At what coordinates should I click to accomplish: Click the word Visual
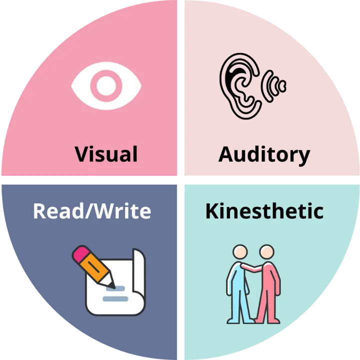106,153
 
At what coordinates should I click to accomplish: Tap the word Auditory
264,154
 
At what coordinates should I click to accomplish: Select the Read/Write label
92,211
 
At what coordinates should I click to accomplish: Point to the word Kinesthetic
264,211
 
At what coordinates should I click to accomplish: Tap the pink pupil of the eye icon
106,85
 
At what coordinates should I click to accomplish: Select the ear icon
240,85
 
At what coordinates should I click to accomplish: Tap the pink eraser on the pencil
80,253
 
